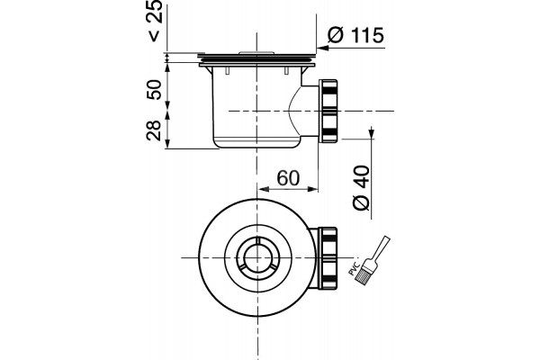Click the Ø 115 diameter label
355,35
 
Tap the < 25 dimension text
155,20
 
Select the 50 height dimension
154,90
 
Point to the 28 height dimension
154,130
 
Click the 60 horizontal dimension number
288,178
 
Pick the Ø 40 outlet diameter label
362,188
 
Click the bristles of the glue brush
364,275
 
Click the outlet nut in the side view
329,111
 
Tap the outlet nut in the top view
328,258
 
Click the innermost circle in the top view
256,258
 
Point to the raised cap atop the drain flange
256,53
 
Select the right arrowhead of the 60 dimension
312,189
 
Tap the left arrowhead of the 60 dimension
263,189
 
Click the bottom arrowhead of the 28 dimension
167,143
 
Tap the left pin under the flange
227,70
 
